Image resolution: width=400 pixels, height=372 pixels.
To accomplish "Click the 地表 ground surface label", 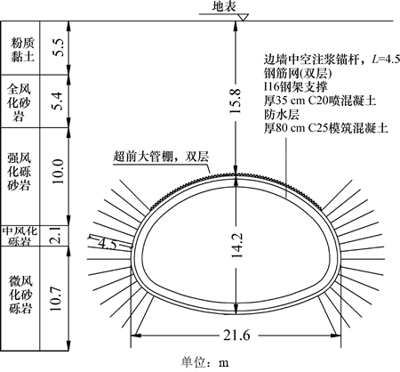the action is (x=224, y=6).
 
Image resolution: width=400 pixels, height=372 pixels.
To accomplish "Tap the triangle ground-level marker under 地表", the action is (x=244, y=18).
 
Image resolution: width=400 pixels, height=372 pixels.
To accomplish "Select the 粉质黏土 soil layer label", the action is (x=22, y=49).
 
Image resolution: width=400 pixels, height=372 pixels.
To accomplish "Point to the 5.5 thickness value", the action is (x=58, y=47).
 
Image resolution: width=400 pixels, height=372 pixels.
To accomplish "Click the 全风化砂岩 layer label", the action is (x=19, y=102).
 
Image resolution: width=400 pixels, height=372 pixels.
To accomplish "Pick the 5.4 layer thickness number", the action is (x=58, y=101).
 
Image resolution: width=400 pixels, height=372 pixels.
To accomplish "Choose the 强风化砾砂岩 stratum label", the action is (x=19, y=172).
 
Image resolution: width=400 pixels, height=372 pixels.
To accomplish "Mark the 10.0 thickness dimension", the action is (x=58, y=171).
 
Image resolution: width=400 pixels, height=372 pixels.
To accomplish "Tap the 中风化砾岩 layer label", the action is (x=20, y=236).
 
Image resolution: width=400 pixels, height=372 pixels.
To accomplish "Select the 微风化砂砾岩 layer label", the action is (x=20, y=295).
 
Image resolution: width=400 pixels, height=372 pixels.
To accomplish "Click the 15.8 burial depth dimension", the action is (x=236, y=101).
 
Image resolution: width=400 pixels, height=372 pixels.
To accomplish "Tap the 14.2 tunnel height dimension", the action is (x=236, y=245).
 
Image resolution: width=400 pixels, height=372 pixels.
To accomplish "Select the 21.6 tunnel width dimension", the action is (x=236, y=336).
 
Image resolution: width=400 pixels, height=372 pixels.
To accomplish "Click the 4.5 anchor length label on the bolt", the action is (x=109, y=245).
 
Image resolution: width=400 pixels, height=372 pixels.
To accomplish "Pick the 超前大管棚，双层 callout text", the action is (x=161, y=157).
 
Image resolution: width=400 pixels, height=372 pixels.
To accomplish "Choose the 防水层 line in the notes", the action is (x=282, y=115).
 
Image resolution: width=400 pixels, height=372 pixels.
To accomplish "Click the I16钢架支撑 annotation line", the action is (x=296, y=87).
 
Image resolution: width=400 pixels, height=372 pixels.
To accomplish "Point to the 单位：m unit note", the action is (x=205, y=362).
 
